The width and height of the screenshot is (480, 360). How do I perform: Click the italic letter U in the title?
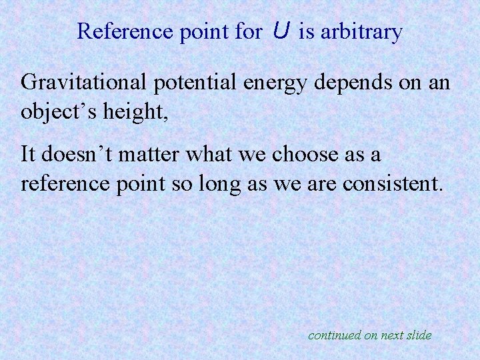tap(281, 31)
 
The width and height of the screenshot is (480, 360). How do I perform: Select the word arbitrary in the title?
tap(361, 32)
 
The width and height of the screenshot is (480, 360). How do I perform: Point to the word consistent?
tap(393, 183)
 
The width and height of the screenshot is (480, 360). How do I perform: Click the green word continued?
tap(334, 335)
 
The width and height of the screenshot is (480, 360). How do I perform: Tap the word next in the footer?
tap(393, 335)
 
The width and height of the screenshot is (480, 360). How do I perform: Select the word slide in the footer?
tap(419, 335)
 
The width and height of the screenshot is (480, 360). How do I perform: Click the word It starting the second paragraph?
tap(29, 154)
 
